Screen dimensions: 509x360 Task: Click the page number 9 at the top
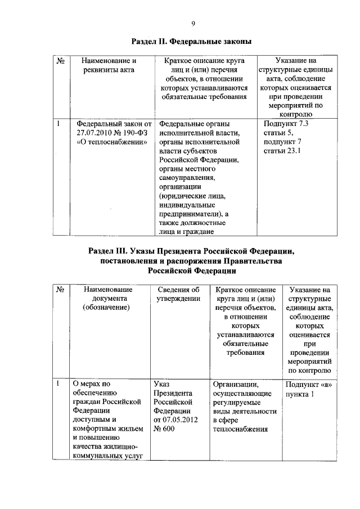(193, 23)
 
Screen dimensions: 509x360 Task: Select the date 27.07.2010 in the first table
(94, 132)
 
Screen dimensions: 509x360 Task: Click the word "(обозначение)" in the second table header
(106, 308)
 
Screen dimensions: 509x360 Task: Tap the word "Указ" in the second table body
(163, 384)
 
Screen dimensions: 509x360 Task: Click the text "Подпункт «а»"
(308, 384)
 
